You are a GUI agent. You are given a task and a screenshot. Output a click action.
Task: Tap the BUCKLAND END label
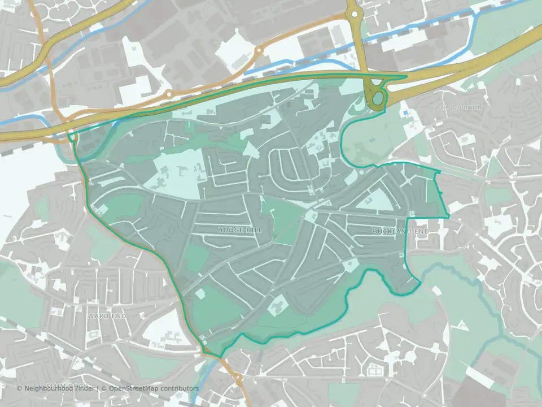[x=401, y=232]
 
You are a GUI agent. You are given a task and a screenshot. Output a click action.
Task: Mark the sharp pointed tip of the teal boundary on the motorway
[x=406, y=76]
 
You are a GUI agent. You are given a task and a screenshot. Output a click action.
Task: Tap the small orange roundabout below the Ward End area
[x=238, y=377]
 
